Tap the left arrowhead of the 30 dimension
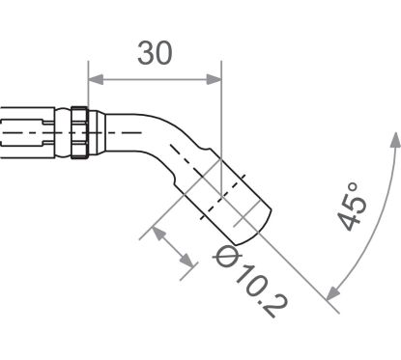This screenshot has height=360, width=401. [95, 80]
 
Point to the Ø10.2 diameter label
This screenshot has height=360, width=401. [249, 282]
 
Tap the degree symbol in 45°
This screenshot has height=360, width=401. [354, 182]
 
